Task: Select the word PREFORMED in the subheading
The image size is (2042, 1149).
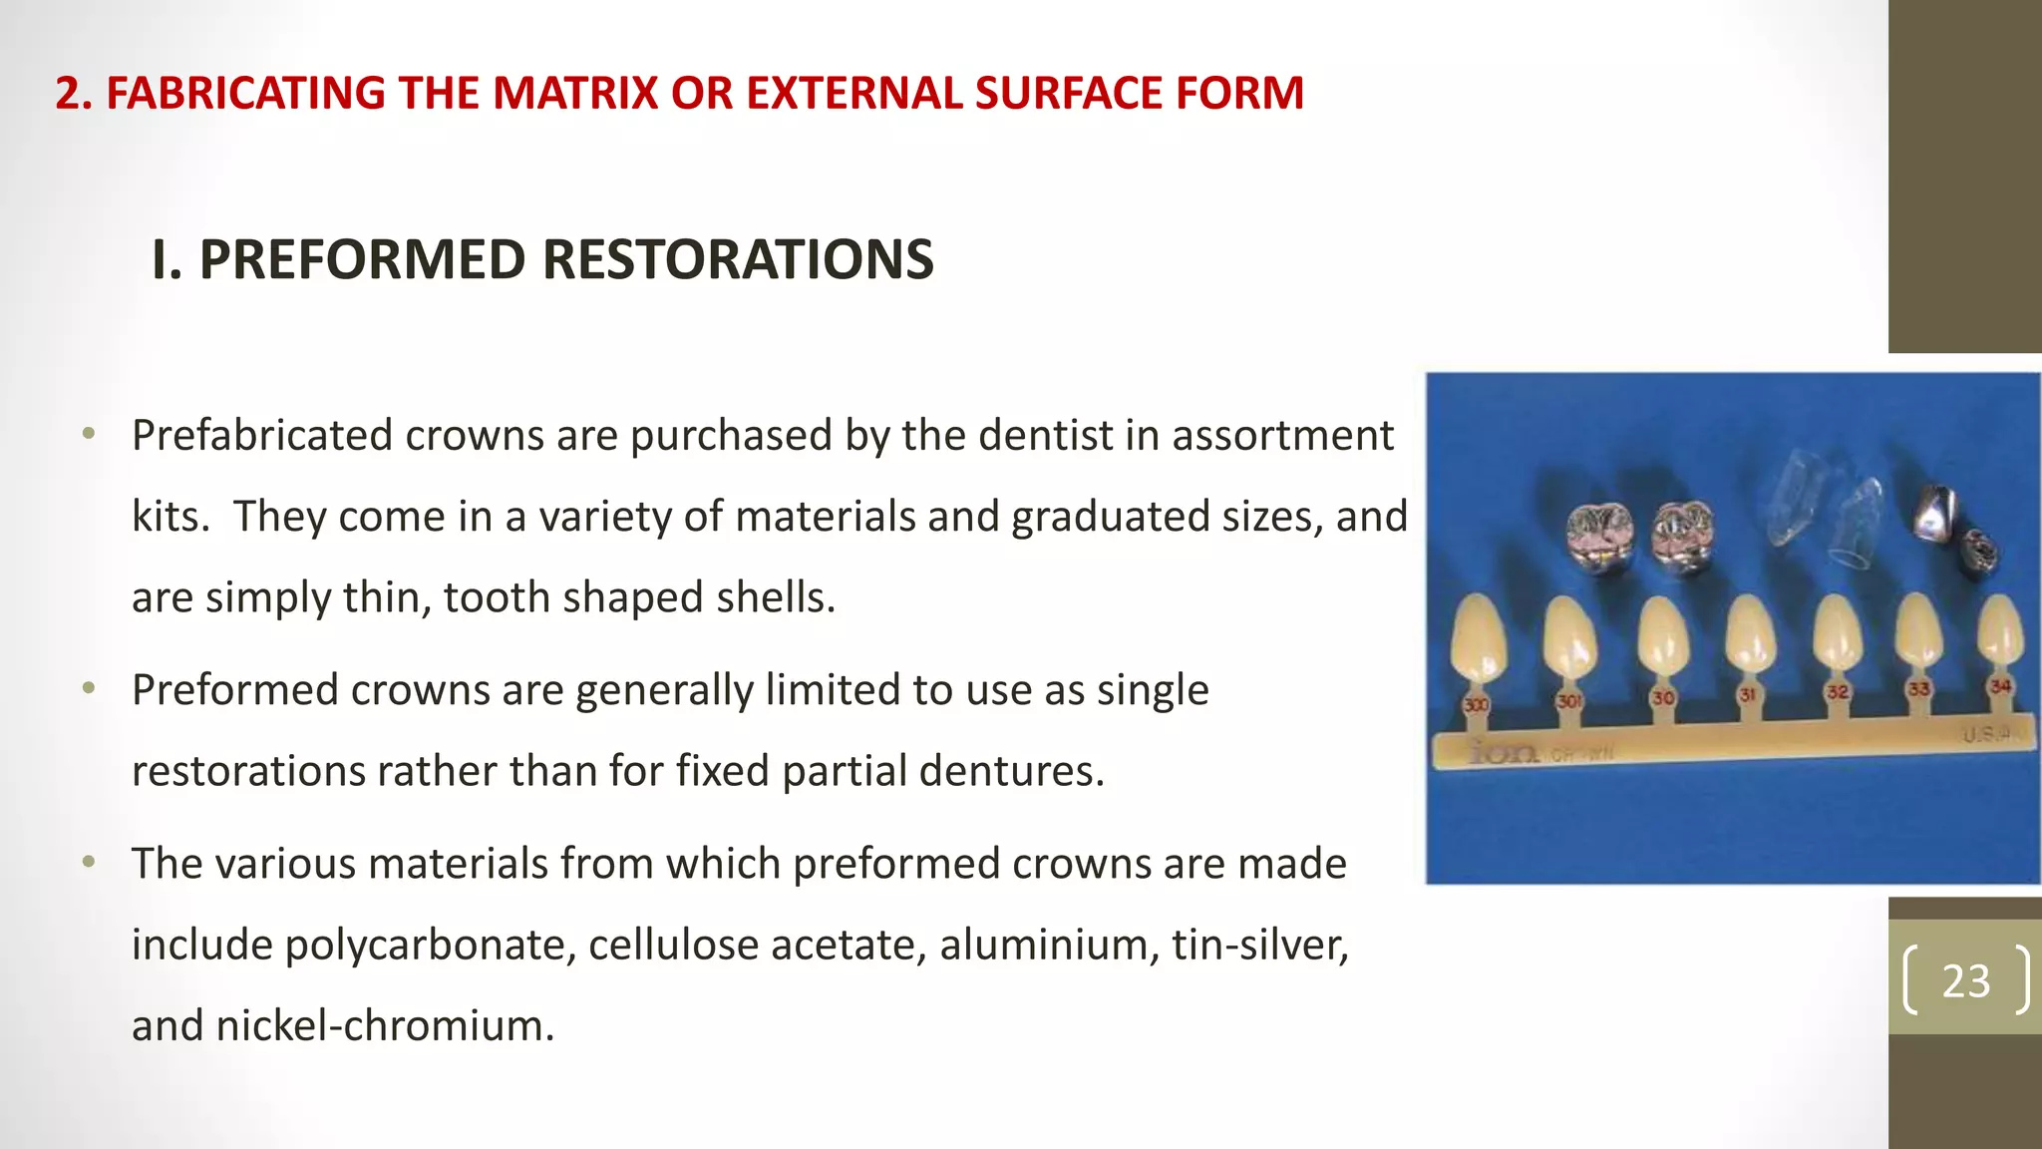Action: pyautogui.click(x=362, y=260)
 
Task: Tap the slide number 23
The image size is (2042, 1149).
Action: pyautogui.click(x=1965, y=981)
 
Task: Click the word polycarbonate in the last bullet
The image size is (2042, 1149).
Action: pyautogui.click(x=430, y=946)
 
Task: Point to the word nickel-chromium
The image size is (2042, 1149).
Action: pyautogui.click(x=384, y=1026)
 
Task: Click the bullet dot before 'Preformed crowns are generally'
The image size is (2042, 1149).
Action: pyautogui.click(x=89, y=689)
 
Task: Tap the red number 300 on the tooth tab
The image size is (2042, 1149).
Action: pyautogui.click(x=1476, y=704)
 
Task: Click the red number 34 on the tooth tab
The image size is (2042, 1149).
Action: pyautogui.click(x=1999, y=686)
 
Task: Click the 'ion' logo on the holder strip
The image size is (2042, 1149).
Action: pyautogui.click(x=1505, y=753)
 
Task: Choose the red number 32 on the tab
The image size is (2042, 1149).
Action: pyautogui.click(x=1838, y=691)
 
